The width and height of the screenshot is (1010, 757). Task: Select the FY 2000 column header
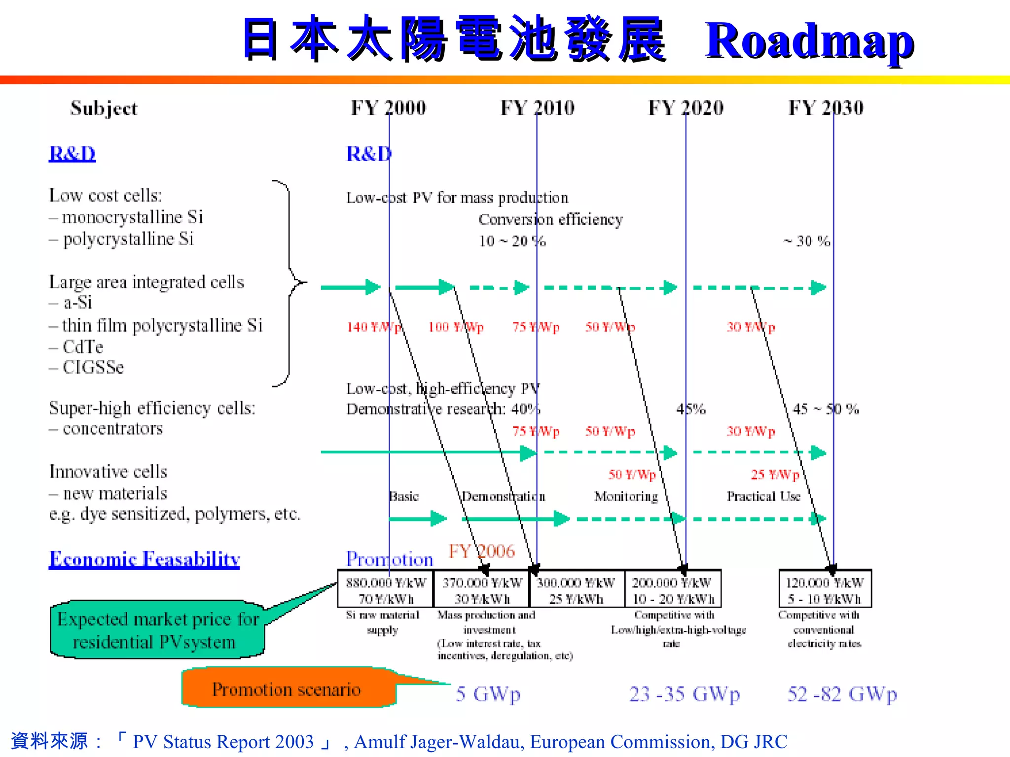click(x=388, y=108)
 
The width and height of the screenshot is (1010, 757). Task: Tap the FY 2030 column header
click(x=826, y=108)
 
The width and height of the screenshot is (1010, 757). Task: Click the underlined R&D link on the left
click(x=72, y=154)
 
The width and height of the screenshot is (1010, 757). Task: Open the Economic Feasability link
click(x=144, y=559)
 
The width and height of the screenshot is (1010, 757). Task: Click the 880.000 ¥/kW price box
click(x=386, y=589)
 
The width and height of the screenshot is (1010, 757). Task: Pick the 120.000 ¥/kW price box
click(x=825, y=589)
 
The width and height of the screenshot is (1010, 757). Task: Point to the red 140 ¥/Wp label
click(x=374, y=327)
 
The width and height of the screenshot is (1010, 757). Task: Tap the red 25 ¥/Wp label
click(x=775, y=475)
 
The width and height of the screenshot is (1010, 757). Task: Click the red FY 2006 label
click(x=481, y=551)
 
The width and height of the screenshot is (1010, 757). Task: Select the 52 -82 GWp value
click(x=842, y=694)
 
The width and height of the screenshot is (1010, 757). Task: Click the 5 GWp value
click(x=488, y=694)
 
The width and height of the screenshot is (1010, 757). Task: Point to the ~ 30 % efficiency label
click(x=807, y=241)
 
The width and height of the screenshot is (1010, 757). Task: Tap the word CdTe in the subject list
click(x=83, y=347)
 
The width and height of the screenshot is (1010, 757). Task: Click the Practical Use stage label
click(x=763, y=496)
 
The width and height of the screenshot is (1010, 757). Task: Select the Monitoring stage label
click(x=626, y=496)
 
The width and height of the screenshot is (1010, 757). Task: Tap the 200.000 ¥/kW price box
click(x=673, y=589)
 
